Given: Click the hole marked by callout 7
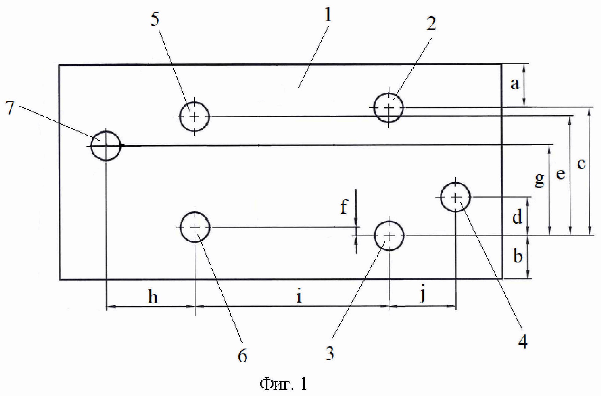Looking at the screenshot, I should pos(106,146).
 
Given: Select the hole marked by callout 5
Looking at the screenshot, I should pos(194,117).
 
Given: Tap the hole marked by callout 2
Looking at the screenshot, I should pos(389,107).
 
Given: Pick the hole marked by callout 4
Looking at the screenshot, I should pos(456,197).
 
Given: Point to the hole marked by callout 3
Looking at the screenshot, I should pos(389,236).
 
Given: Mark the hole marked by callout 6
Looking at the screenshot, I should pos(195,228).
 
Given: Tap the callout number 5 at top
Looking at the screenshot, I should pos(155,20).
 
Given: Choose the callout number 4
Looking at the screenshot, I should pos(523,341).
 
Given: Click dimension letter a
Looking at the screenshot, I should pos(515,84).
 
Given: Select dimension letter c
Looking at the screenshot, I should pos(581,164).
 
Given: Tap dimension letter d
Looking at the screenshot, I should pos(517,217).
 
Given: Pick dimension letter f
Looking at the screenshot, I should pos(344,207).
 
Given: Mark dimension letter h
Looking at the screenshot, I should pos(153,296).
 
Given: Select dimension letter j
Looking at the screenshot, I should pos(423,295).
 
